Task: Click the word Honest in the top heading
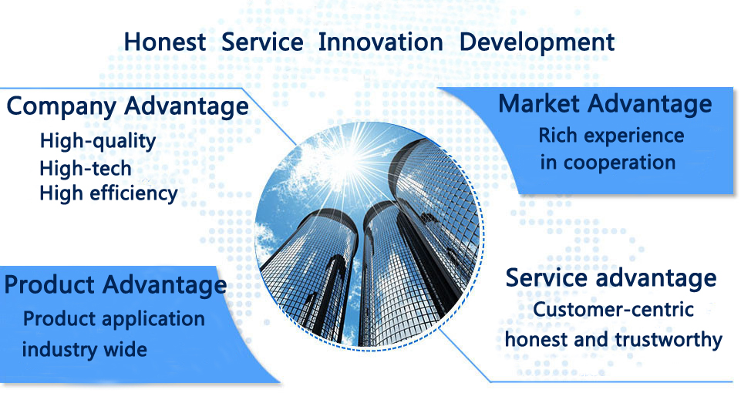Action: click(x=164, y=42)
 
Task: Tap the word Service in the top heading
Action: click(x=262, y=42)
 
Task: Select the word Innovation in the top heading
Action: click(x=380, y=42)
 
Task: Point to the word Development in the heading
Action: click(x=537, y=43)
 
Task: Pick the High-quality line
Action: click(x=98, y=141)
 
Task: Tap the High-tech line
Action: click(x=86, y=168)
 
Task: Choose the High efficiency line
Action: click(x=109, y=194)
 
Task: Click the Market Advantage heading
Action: click(x=605, y=104)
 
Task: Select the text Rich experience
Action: click(x=611, y=136)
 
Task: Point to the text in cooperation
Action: click(x=608, y=163)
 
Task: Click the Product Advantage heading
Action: click(x=116, y=286)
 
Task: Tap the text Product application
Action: click(x=114, y=320)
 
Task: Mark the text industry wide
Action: click(x=85, y=350)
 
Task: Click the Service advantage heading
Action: click(x=611, y=279)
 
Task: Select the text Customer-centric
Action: click(x=614, y=310)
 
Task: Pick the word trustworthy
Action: click(x=669, y=340)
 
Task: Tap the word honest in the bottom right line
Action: click(x=536, y=340)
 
